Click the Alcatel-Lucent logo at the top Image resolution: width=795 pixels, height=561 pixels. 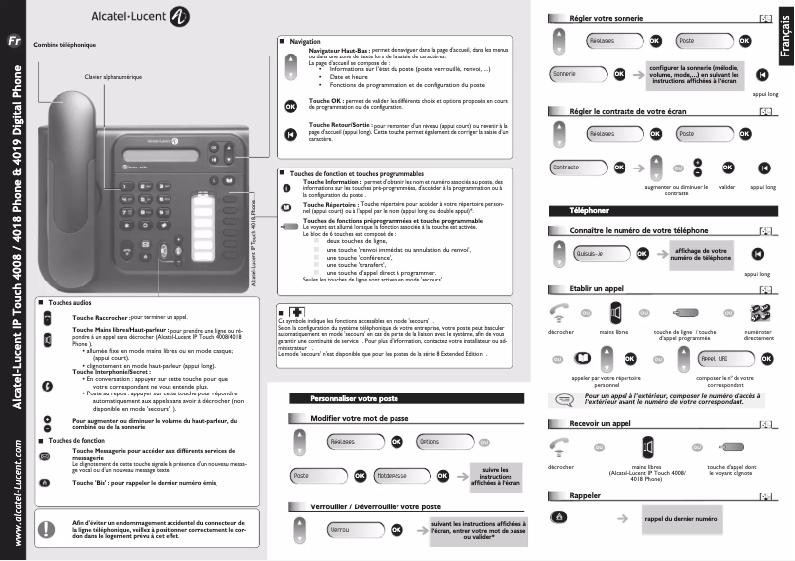(140, 16)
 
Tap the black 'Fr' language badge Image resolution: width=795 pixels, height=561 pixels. (14, 42)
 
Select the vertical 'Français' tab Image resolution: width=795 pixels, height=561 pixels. (785, 45)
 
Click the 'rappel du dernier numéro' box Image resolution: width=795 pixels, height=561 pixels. (681, 518)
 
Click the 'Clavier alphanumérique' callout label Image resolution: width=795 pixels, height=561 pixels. (113, 76)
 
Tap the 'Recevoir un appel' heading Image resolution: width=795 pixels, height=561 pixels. (601, 423)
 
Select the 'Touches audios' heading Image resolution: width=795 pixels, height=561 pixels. (69, 300)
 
